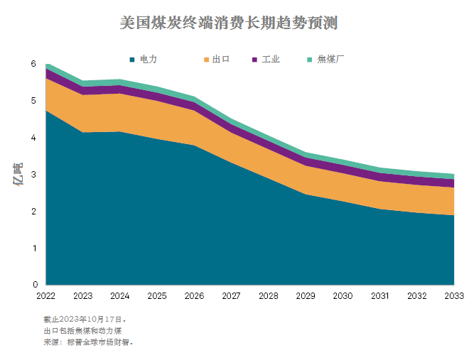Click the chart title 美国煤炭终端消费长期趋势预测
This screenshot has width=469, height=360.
228,23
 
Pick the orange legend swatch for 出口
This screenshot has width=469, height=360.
206,60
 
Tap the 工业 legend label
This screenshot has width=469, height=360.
271,59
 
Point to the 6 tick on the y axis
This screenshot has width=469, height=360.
33,64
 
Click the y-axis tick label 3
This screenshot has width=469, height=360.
33,175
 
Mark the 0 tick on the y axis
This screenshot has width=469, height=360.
33,285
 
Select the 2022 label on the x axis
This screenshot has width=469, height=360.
45,295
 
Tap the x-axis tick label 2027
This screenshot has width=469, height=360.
231,295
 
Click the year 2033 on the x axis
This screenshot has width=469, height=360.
454,295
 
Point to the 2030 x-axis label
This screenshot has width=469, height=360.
343,295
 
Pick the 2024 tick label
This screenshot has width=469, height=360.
119,295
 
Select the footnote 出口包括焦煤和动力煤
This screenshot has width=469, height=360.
83,330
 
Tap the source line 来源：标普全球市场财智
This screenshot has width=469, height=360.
88,342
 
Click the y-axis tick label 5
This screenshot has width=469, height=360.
33,101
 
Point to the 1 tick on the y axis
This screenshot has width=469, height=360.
33,248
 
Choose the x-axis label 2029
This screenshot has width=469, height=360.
306,295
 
